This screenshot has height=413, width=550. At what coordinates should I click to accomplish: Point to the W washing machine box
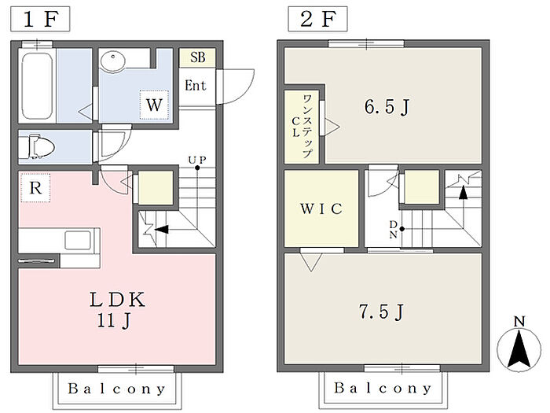click(x=154, y=104)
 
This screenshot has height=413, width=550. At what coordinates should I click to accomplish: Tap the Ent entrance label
click(x=196, y=84)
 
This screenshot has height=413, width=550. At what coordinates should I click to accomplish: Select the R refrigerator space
click(x=35, y=188)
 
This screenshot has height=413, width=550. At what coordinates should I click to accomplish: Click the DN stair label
click(x=394, y=229)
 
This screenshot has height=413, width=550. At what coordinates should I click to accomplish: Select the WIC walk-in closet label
click(x=322, y=209)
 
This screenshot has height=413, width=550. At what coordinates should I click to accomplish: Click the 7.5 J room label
click(x=381, y=312)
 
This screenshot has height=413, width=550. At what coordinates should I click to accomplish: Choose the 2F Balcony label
click(x=383, y=389)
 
